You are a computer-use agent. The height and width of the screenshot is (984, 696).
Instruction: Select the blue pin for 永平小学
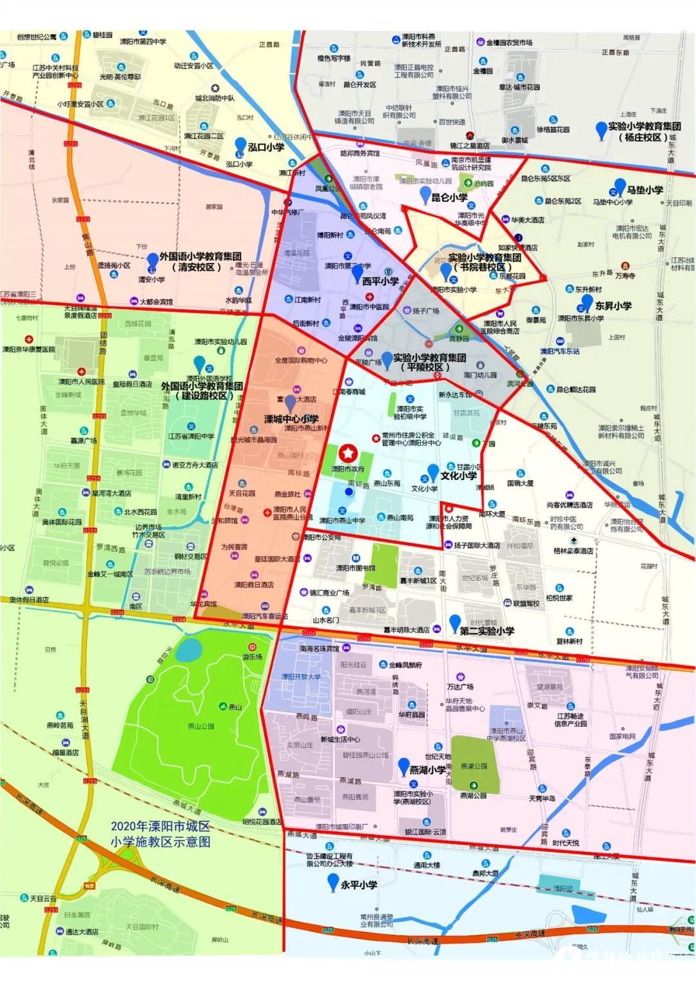[x=333, y=882]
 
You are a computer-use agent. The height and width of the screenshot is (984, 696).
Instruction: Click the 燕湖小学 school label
[x=427, y=769]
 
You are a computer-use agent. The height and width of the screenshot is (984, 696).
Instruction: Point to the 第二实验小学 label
[x=487, y=631]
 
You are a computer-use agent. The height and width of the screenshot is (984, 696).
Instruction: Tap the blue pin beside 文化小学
[x=433, y=472]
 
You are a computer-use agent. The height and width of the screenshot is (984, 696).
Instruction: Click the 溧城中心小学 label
[x=291, y=419]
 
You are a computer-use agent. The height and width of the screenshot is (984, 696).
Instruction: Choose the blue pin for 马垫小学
[x=619, y=187]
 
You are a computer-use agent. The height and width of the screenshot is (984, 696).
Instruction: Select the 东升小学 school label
[x=613, y=305]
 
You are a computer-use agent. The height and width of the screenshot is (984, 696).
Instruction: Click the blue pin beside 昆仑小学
[x=425, y=194]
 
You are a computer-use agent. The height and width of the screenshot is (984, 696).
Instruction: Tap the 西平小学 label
[x=380, y=281]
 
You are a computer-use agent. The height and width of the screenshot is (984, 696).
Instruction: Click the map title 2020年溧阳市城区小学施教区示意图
[x=160, y=834]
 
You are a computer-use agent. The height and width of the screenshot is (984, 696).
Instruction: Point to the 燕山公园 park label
[x=200, y=726]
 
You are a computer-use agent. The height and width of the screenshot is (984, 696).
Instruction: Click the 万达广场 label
[x=460, y=687]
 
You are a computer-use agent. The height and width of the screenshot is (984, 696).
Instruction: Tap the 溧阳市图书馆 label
[x=355, y=568]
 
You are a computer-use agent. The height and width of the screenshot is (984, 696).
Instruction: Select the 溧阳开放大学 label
[x=301, y=677]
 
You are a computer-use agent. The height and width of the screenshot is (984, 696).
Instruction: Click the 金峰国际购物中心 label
[x=301, y=361]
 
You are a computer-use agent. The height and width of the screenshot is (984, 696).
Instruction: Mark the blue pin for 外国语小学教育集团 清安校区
[x=152, y=260]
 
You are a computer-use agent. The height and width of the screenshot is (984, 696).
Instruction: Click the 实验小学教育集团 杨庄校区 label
[x=644, y=132]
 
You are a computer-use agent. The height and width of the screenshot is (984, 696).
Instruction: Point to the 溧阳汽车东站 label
[x=559, y=351]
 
